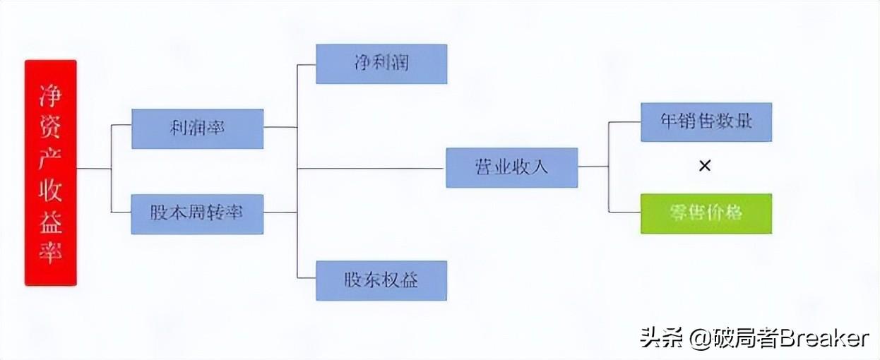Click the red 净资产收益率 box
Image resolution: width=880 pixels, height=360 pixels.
[50, 172]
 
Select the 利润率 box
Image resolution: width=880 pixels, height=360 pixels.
[197, 128]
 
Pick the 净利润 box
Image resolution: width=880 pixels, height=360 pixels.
[381, 64]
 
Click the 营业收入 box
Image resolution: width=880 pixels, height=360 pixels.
[511, 168]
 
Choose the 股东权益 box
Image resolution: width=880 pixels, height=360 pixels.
[381, 280]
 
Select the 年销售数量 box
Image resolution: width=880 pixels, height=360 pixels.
[706, 122]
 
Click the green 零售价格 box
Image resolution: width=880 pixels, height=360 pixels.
[706, 213]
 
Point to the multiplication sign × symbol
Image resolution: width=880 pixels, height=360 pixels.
[704, 167]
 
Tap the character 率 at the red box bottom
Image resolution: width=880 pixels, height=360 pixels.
[50, 252]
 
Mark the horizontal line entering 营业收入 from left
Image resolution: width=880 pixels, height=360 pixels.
[371, 169]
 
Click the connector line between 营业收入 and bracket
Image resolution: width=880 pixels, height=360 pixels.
[593, 167]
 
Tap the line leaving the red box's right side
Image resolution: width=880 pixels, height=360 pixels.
[93, 169]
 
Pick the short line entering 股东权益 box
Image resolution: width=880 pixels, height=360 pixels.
[307, 277]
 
